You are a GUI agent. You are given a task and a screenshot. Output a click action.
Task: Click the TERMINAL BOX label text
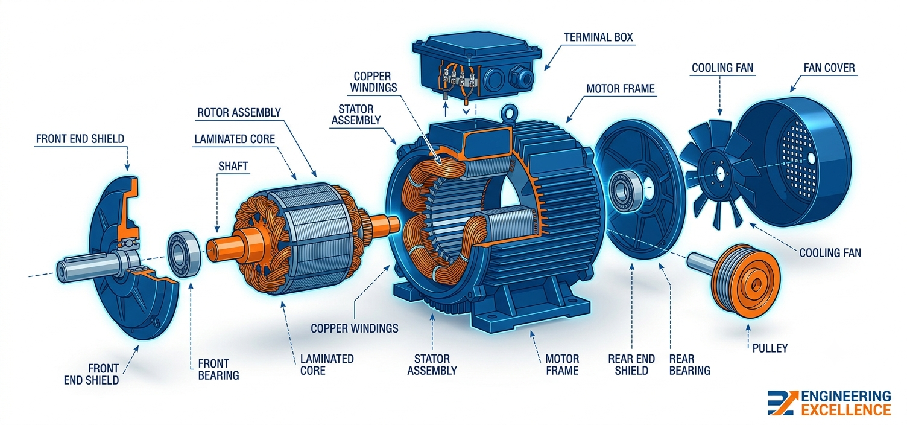[x=598, y=37]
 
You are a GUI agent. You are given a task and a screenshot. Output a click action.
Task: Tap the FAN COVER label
[x=829, y=68]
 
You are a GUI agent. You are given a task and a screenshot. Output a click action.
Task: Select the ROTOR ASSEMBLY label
[x=239, y=113]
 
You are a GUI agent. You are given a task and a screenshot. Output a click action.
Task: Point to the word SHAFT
[x=233, y=166]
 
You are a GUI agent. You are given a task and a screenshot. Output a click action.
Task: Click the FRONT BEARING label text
[x=219, y=369]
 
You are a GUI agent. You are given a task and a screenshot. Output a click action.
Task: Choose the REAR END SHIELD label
[x=631, y=365]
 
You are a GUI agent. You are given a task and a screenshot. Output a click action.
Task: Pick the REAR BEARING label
[x=689, y=365]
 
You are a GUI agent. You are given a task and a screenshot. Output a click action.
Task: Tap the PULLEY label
[x=770, y=348]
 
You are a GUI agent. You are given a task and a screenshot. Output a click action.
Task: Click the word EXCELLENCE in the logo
[x=846, y=409]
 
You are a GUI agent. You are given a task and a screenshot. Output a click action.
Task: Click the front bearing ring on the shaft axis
[x=185, y=254]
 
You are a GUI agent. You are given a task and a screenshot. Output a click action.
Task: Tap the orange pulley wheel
[x=745, y=281]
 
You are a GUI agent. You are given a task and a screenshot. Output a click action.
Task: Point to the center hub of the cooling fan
[x=719, y=174]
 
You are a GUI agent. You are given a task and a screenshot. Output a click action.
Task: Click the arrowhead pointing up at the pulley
[x=748, y=327]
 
